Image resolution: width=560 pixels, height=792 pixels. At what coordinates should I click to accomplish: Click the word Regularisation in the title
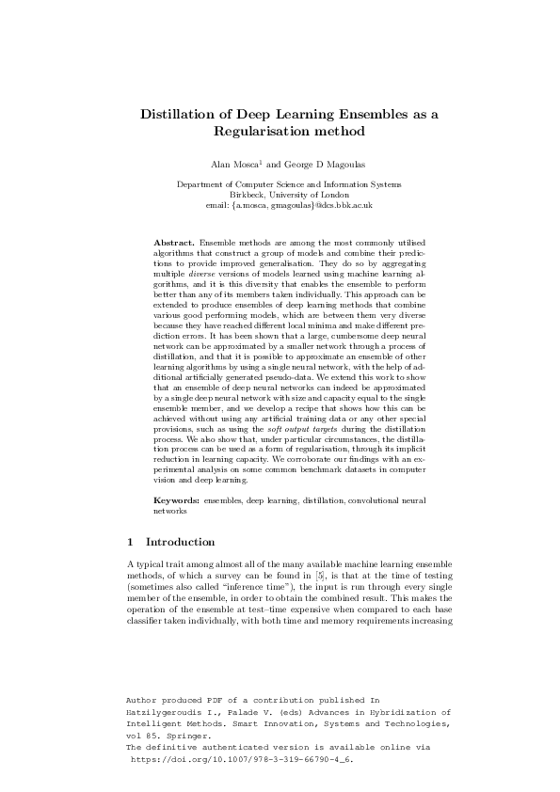(x=261, y=132)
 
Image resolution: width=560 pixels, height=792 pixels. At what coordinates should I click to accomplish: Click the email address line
(x=280, y=204)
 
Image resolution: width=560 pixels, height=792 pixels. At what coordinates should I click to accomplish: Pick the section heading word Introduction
(x=181, y=542)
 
